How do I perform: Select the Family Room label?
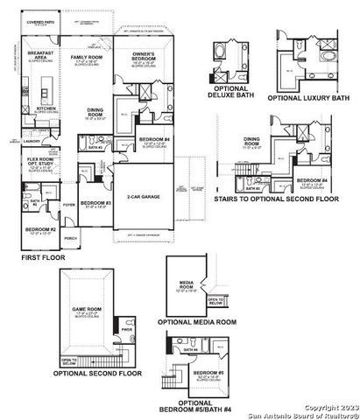point(88,58)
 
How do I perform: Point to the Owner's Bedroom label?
point(143,56)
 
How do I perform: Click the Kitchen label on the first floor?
point(44,113)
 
